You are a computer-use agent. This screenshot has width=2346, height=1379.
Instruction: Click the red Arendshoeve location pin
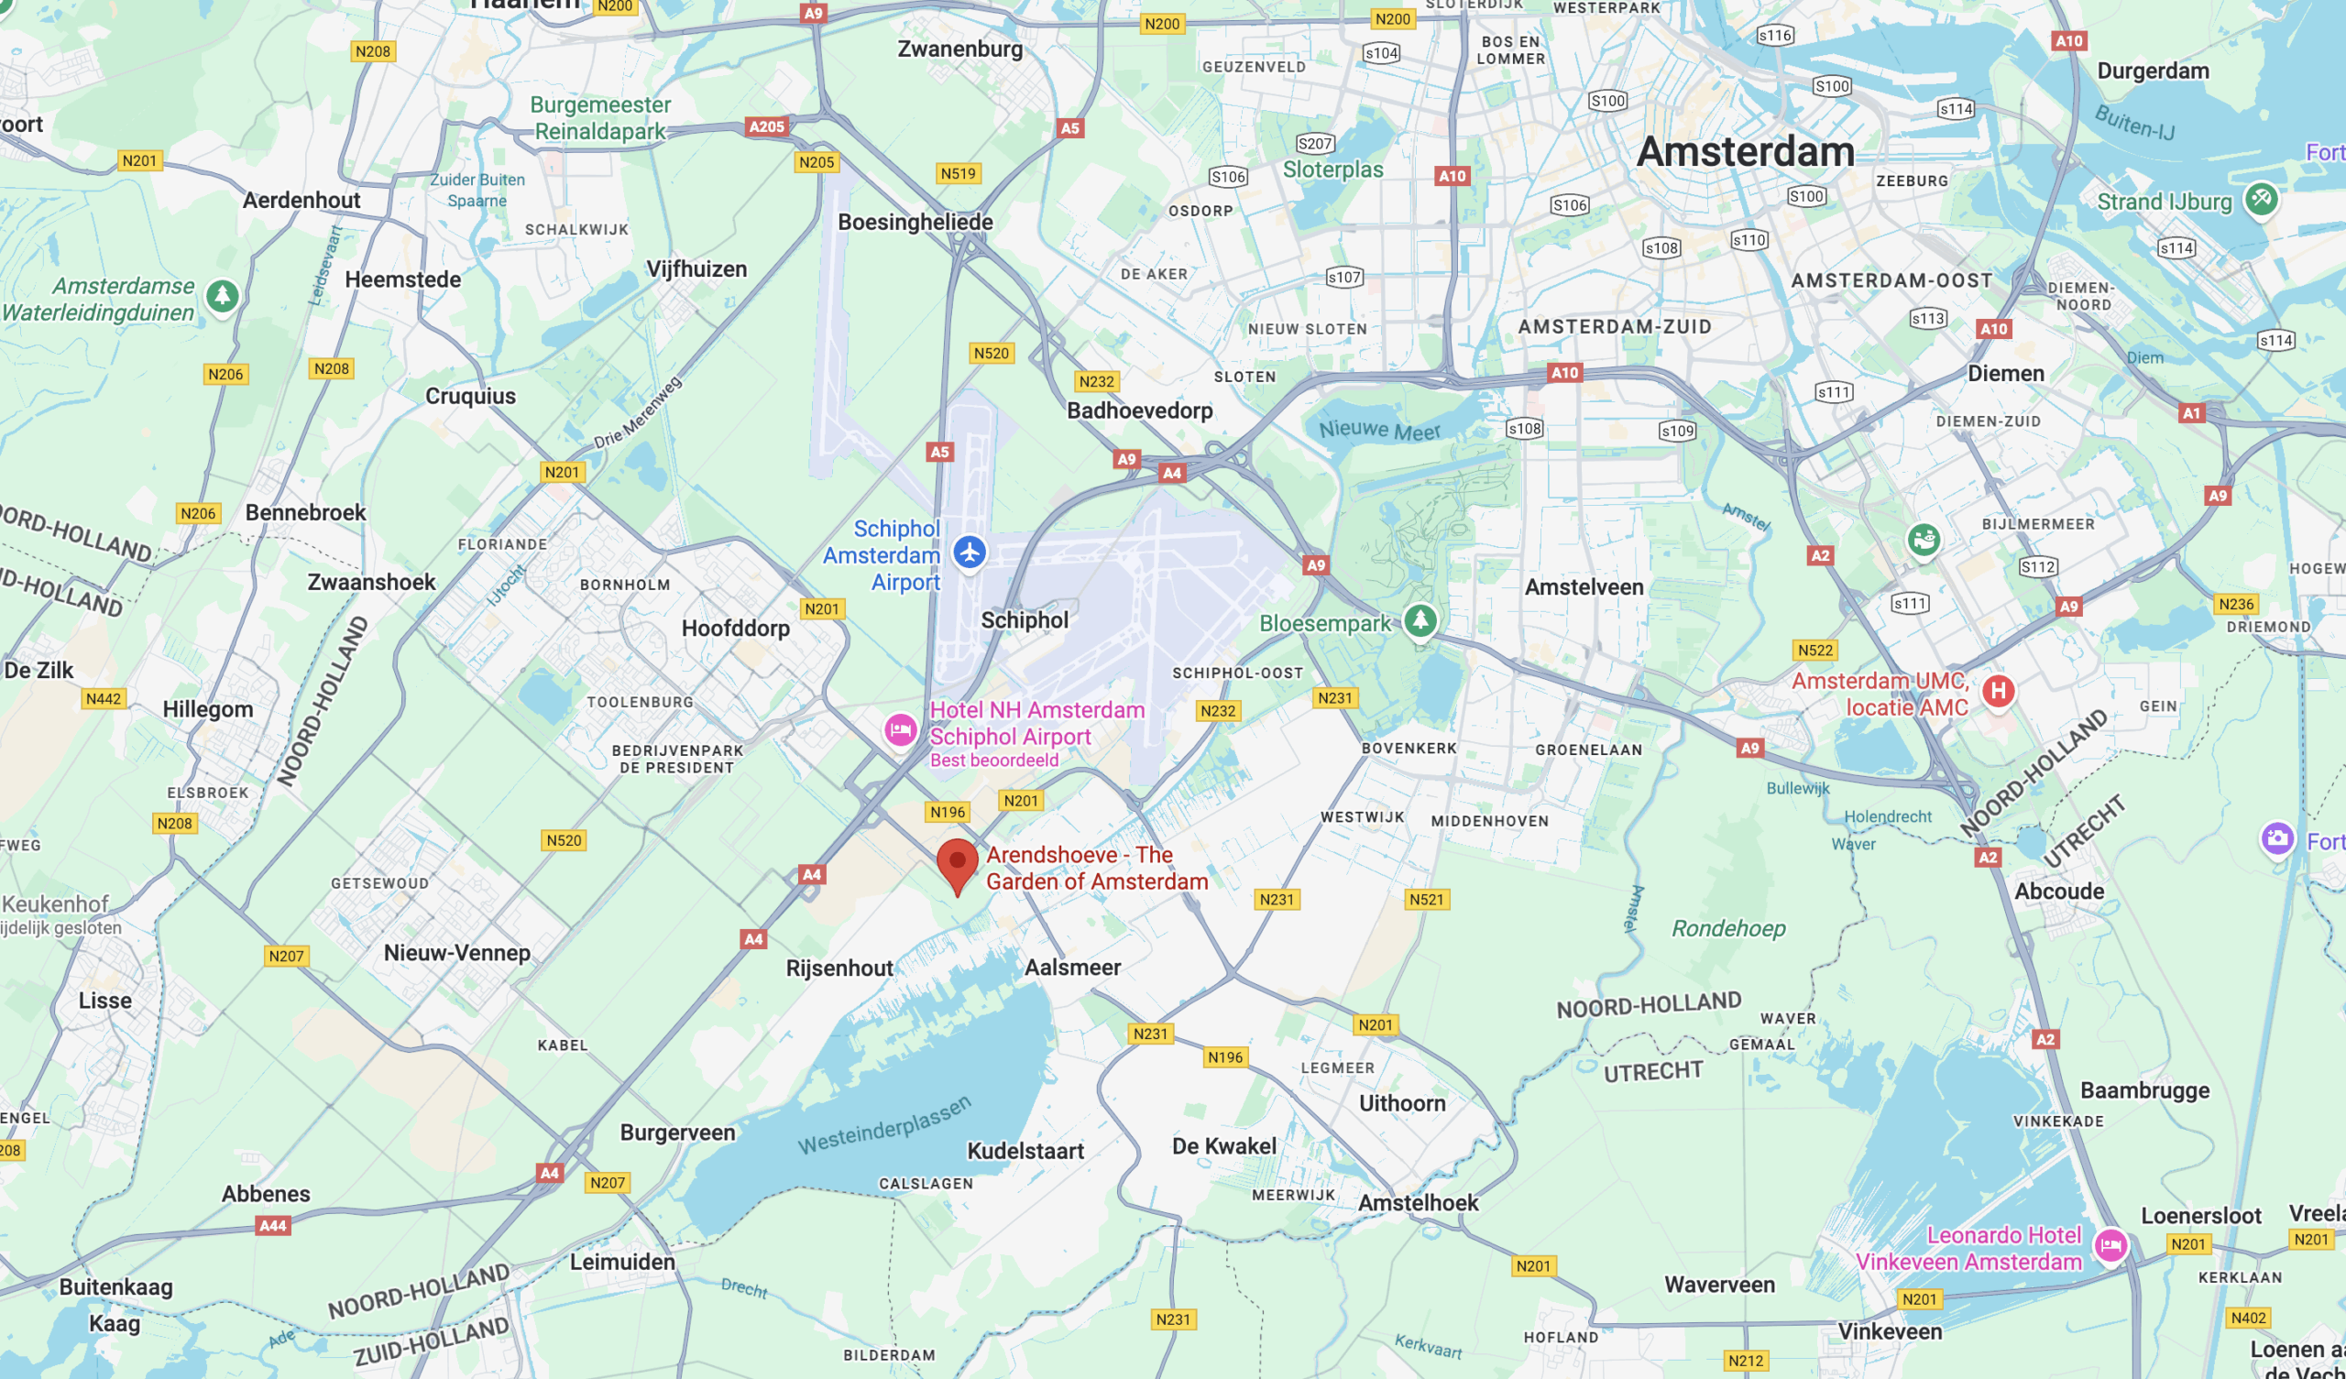[957, 863]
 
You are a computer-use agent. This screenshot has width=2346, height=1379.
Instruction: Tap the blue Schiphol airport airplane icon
[970, 553]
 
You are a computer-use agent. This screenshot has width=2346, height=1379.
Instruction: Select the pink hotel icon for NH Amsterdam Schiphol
[900, 730]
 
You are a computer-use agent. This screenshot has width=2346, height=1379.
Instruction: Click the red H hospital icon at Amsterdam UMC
[1998, 691]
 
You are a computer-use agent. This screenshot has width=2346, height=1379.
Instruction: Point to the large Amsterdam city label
[1745, 152]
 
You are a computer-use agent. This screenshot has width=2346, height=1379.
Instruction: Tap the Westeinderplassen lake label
[883, 1126]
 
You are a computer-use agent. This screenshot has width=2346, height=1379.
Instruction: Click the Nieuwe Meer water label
[1379, 430]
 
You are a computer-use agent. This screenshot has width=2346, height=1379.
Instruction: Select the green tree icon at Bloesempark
[1420, 620]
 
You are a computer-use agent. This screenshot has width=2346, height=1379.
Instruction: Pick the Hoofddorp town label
[736, 629]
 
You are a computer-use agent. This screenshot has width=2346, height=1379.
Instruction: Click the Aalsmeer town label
[1072, 968]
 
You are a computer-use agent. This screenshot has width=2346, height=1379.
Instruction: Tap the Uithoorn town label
[1402, 1103]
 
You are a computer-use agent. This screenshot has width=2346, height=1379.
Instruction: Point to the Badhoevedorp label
[1139, 410]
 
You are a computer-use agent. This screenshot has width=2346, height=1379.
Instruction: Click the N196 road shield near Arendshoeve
[948, 812]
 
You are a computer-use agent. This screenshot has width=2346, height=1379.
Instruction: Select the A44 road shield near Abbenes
[273, 1225]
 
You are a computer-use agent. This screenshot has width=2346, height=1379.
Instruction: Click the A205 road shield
[766, 126]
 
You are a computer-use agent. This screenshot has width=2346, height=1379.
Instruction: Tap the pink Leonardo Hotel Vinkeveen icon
[2110, 1244]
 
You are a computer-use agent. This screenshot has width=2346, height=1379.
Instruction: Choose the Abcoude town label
[2059, 892]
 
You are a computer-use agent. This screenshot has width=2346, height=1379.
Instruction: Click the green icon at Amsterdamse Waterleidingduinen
[222, 297]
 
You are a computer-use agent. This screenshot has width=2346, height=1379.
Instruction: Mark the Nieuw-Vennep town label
[457, 953]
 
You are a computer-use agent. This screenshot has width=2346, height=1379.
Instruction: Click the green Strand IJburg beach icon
[2261, 198]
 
